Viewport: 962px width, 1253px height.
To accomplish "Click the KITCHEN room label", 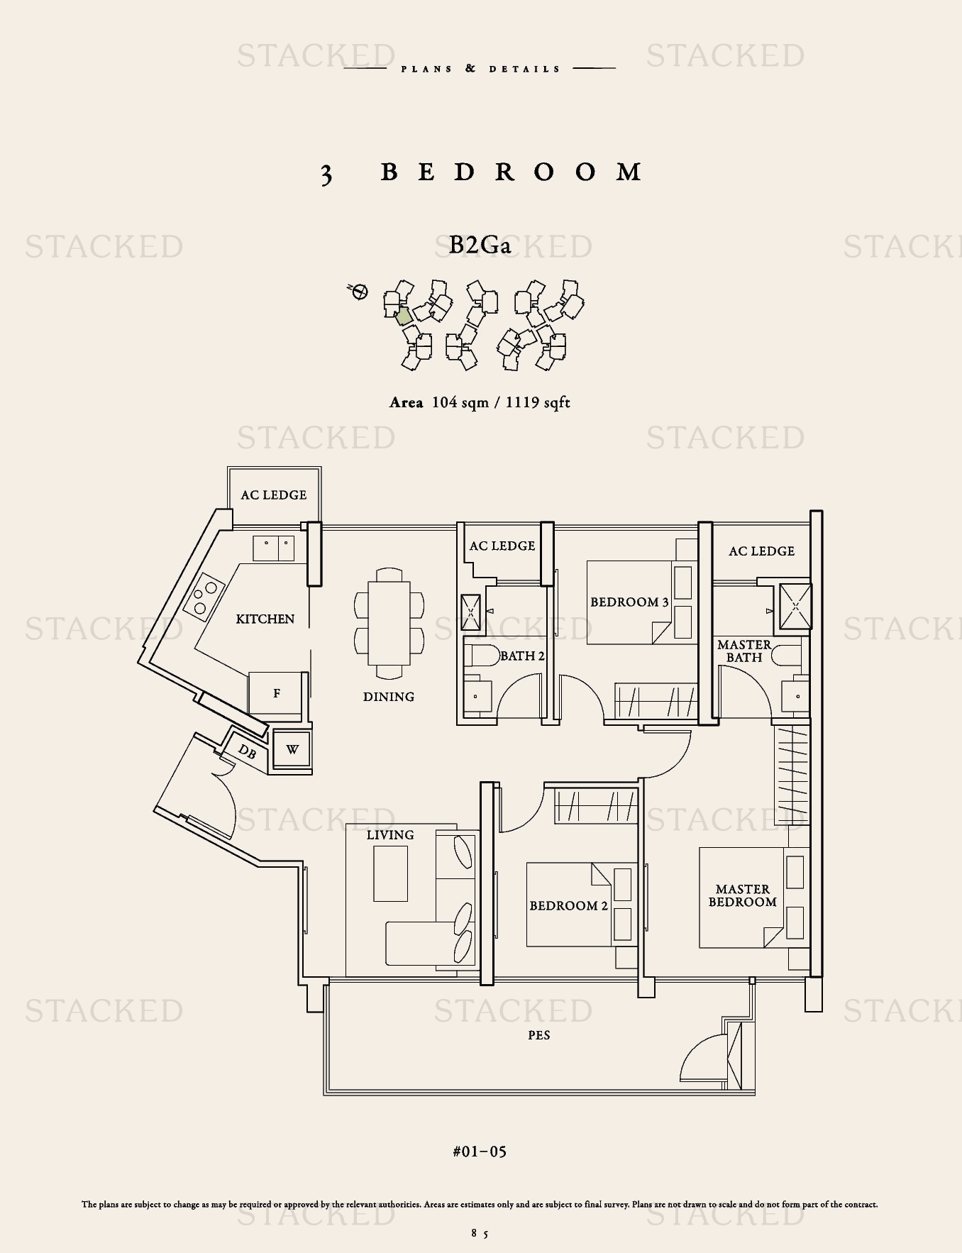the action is click(x=265, y=619).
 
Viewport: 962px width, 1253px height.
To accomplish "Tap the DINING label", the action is click(x=389, y=697).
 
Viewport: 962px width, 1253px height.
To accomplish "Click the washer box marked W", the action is click(x=292, y=749).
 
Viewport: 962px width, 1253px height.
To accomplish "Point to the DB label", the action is click(x=247, y=751).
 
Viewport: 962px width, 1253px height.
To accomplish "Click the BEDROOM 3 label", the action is click(x=629, y=602).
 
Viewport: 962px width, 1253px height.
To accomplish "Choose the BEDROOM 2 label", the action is click(x=568, y=905).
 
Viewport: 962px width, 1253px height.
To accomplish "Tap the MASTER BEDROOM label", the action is click(x=742, y=895).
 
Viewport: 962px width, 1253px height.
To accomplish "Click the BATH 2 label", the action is click(x=522, y=656).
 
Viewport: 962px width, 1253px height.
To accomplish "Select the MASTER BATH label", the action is click(x=744, y=651).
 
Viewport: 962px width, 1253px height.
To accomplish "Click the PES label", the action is click(x=539, y=1035).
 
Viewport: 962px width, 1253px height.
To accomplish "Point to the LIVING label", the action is click(x=390, y=835).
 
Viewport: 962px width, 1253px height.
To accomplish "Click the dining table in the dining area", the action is click(x=389, y=623).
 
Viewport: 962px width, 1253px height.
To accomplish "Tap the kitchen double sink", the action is click(x=274, y=548).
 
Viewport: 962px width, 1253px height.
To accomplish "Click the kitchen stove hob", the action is click(x=204, y=594).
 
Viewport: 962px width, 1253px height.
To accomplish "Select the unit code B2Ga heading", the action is click(x=480, y=245).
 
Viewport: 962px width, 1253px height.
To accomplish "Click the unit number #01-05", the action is click(x=480, y=1151).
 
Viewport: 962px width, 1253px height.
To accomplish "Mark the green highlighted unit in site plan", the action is click(x=403, y=316).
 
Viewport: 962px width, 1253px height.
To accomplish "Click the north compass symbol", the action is click(x=359, y=291).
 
